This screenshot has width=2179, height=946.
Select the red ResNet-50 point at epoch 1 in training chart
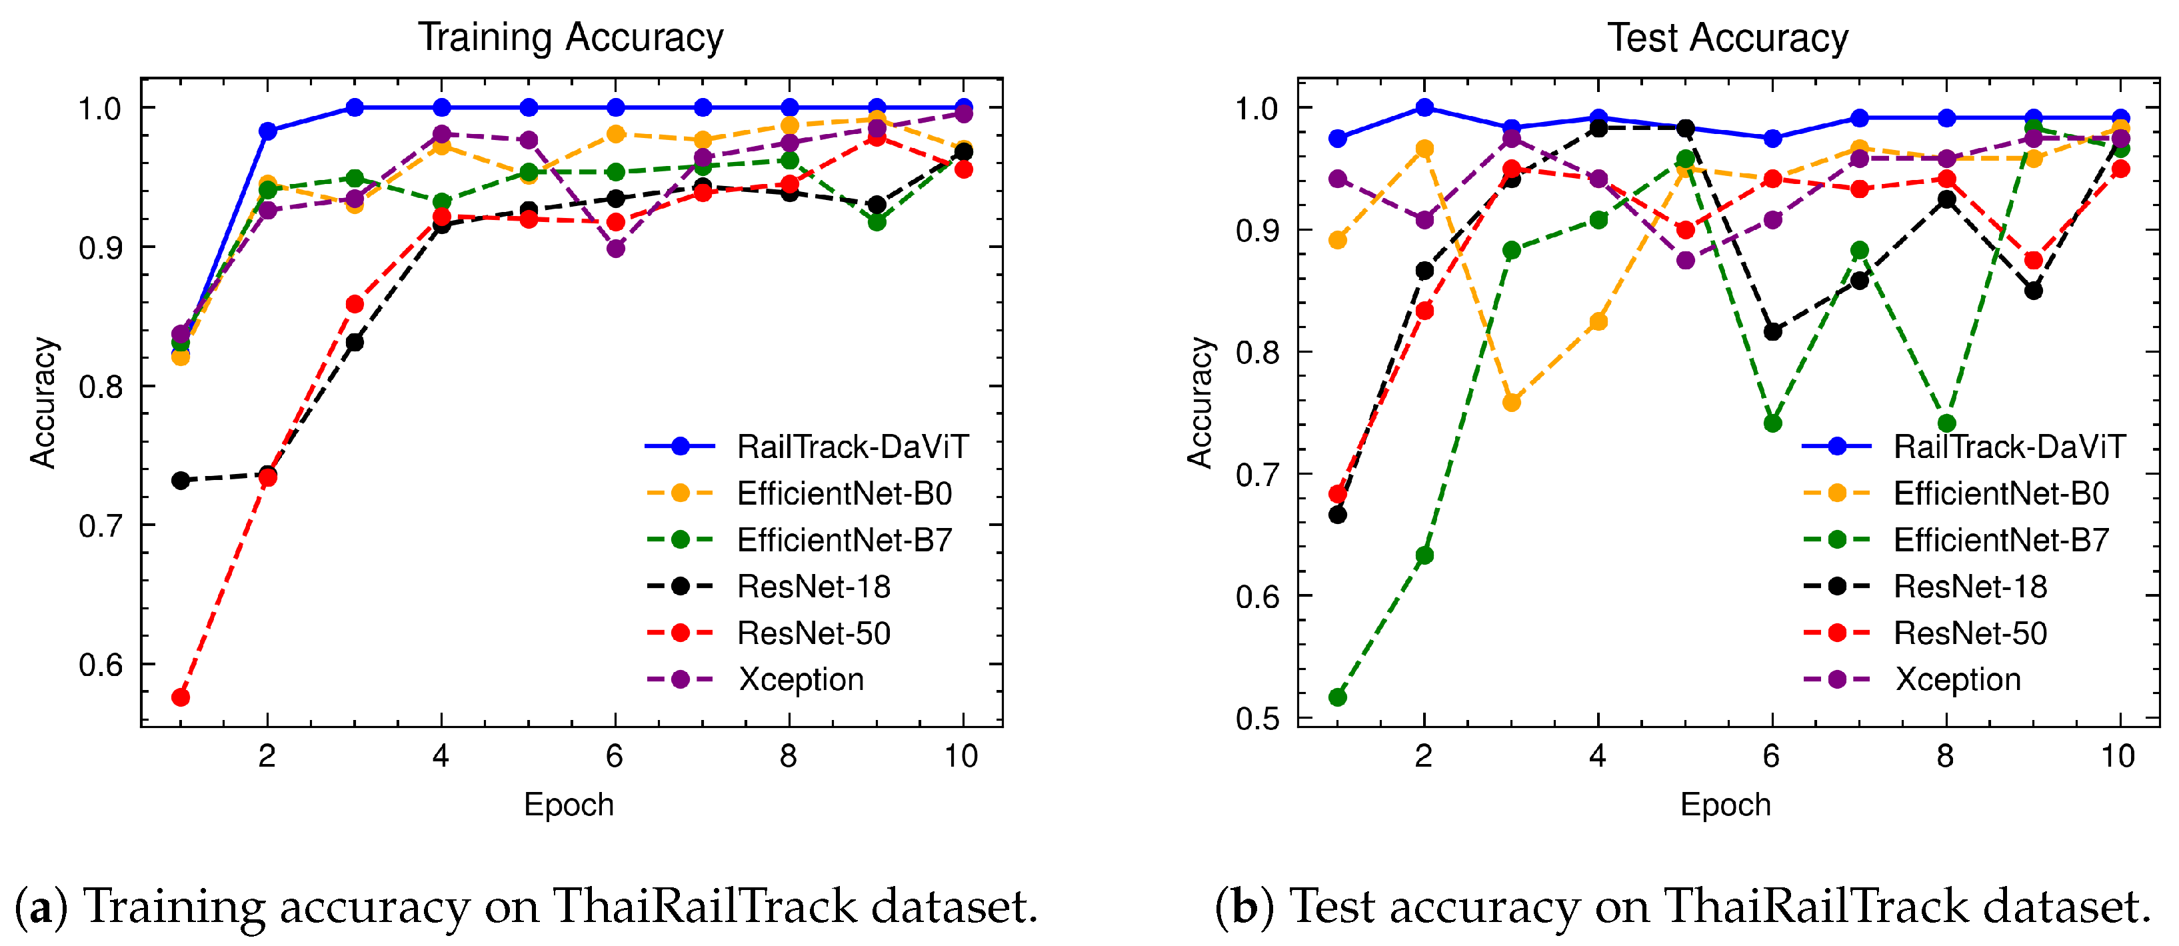180,697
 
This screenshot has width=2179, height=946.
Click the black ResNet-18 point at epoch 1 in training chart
180,481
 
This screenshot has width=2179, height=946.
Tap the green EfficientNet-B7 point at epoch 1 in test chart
1337,697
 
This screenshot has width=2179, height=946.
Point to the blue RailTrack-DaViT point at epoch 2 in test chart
1424,107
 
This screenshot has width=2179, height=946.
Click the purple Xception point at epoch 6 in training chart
616,249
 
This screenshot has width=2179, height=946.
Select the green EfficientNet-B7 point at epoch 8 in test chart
1946,423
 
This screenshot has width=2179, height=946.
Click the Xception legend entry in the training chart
799,679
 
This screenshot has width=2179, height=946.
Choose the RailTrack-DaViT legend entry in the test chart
2008,447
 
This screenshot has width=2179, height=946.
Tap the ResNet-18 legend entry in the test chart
1970,587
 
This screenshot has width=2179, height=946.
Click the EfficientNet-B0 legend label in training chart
844,493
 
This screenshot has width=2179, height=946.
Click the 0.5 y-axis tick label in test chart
1257,719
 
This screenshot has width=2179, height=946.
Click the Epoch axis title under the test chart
1726,805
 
